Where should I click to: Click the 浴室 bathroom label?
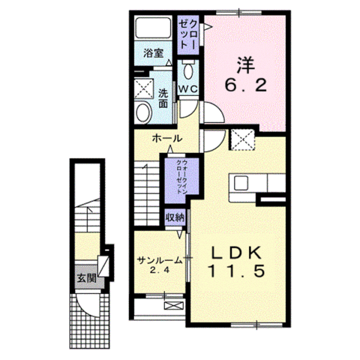[153, 54]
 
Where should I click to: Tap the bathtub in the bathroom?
[153, 28]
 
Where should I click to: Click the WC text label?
[188, 89]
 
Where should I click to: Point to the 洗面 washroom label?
[163, 98]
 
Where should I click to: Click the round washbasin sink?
[143, 112]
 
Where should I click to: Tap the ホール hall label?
[167, 139]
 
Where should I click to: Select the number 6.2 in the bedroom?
[245, 85]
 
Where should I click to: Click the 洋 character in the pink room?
[245, 65]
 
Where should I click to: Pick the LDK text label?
[236, 253]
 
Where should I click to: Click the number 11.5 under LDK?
[236, 271]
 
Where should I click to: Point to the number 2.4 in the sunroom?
[160, 270]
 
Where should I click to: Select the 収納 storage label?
[175, 218]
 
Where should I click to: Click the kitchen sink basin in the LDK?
[241, 183]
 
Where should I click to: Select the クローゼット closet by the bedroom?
[188, 35]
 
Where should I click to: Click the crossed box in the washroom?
[144, 89]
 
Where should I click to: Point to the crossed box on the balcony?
[174, 305]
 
